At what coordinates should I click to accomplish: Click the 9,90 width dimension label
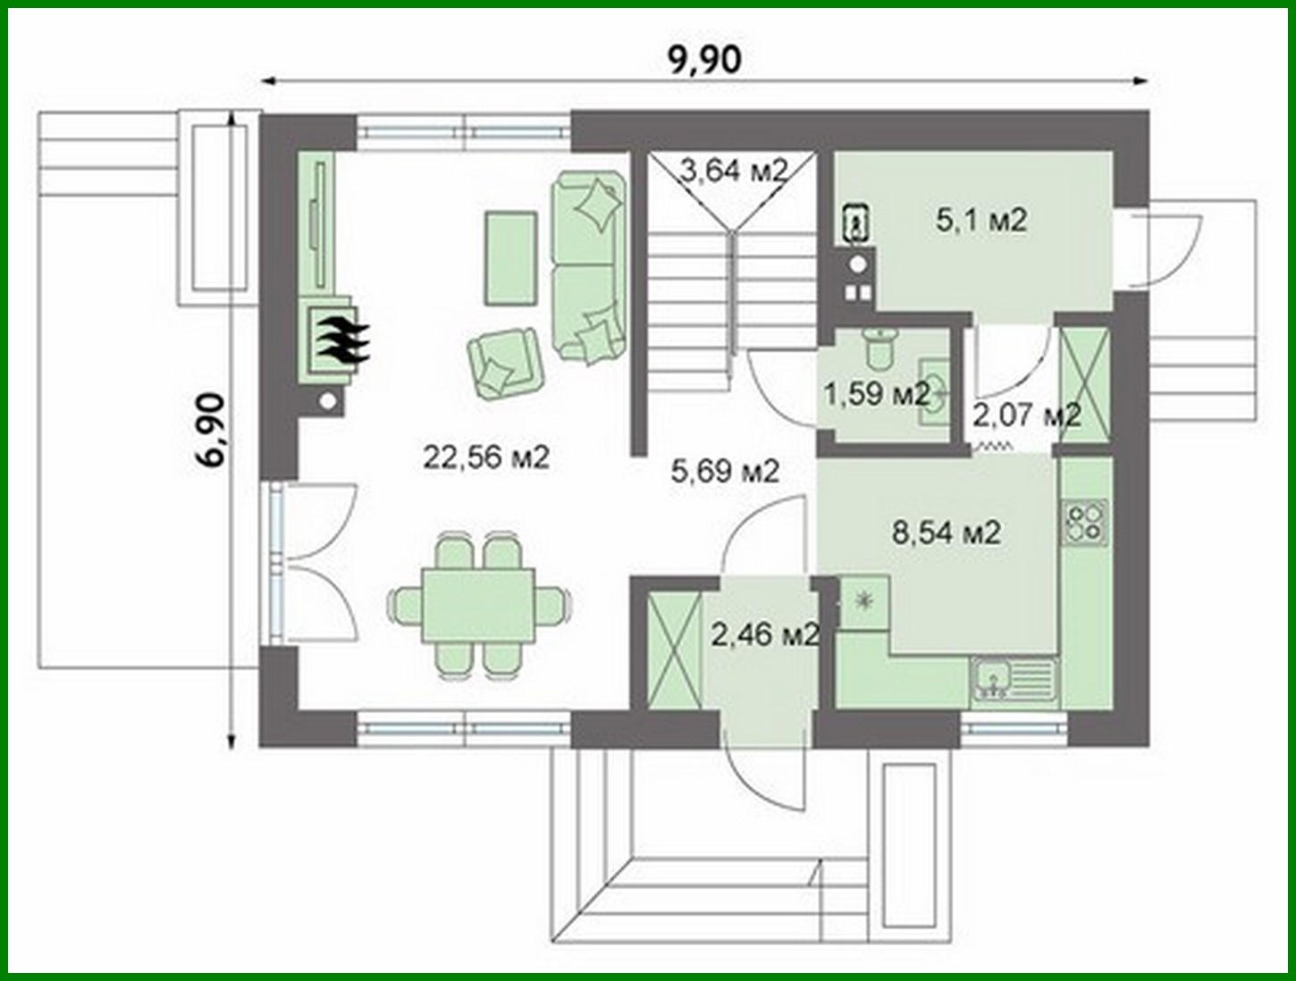[x=704, y=60]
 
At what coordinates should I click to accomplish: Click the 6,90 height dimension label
[x=213, y=430]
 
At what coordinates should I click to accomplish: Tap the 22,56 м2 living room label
[x=486, y=457]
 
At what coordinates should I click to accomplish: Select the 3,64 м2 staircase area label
[x=733, y=169]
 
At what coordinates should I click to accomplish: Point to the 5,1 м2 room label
[x=981, y=220]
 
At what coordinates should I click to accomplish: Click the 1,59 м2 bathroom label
[x=876, y=392]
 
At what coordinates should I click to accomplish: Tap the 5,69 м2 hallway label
[x=725, y=470]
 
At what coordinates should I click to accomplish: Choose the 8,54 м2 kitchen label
[x=947, y=532]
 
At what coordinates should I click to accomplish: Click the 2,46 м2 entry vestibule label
[x=764, y=634]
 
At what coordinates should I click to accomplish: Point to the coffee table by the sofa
[x=510, y=257]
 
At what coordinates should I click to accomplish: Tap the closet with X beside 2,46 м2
[x=673, y=650]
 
